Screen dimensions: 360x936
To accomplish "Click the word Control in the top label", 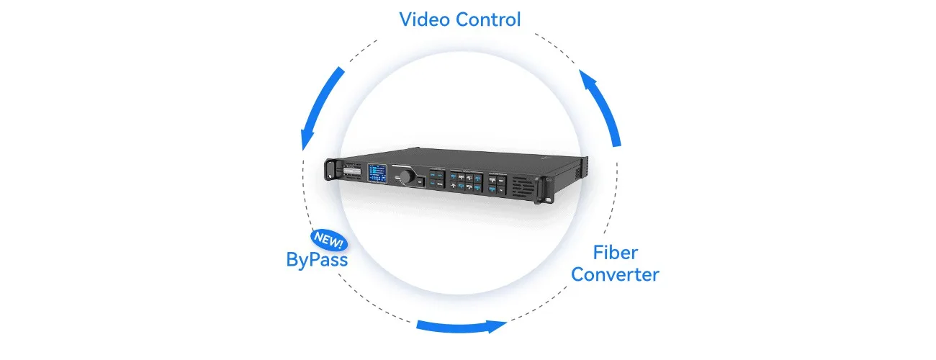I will click(488, 19).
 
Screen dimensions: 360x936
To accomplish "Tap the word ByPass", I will click(317, 259).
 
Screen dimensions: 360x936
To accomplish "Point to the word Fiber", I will click(616, 253).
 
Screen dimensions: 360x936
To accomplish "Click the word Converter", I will click(616, 274).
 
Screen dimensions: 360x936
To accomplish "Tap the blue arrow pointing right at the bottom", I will click(461, 326).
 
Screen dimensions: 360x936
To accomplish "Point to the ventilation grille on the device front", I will click(524, 186).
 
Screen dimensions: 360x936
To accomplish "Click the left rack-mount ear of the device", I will click(331, 168).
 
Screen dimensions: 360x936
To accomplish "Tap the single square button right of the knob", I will click(420, 182).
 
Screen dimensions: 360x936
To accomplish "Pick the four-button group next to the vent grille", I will click(498, 183).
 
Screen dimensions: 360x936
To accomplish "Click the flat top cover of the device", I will click(490, 157).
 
